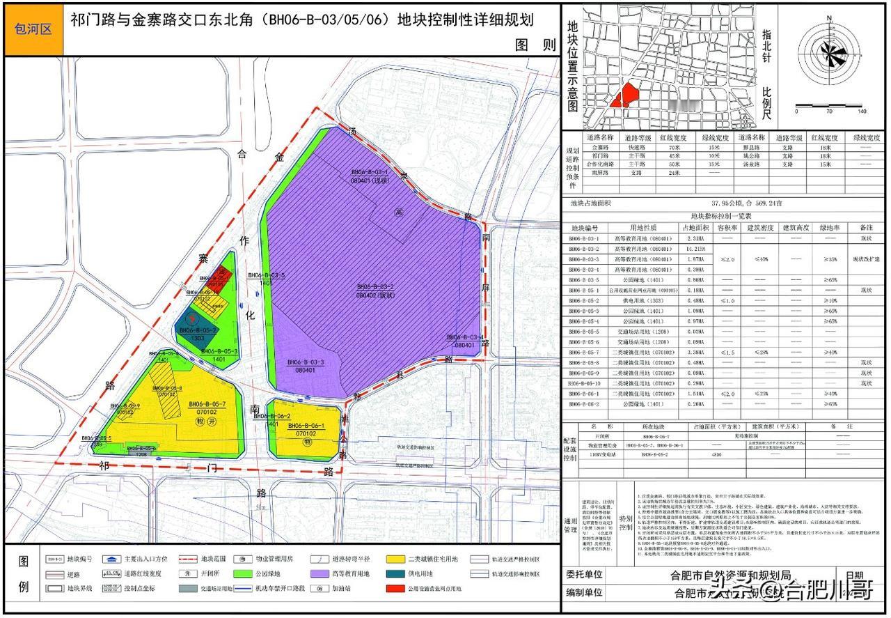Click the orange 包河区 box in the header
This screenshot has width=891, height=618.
point(33,29)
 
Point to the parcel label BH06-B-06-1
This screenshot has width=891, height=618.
point(304,425)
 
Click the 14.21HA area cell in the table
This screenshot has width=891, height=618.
point(695,249)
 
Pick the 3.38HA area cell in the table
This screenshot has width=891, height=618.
point(695,353)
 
